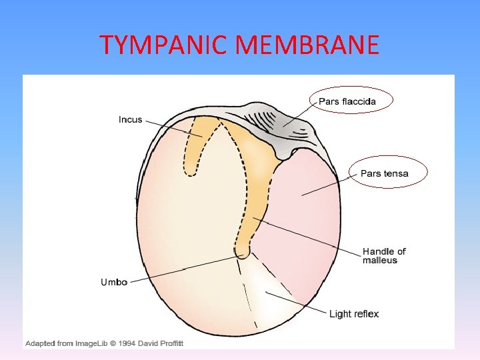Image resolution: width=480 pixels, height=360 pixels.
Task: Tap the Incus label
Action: [130, 120]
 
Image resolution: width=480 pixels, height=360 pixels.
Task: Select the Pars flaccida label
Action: [347, 101]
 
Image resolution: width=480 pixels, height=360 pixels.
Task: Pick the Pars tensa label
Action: [384, 173]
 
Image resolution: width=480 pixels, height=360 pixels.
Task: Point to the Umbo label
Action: [114, 282]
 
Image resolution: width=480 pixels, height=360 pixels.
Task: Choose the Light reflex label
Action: [354, 314]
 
